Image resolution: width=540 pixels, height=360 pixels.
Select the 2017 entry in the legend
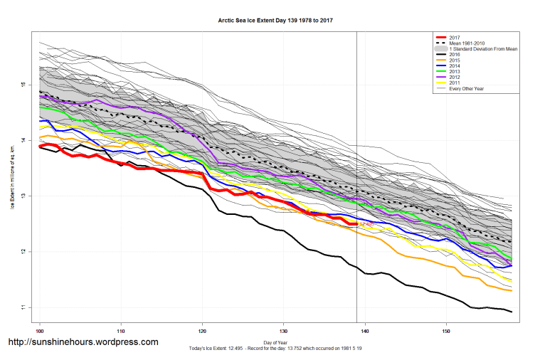(455, 37)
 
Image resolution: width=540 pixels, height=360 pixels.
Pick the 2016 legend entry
(455, 54)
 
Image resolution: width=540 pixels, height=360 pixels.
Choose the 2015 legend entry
(455, 60)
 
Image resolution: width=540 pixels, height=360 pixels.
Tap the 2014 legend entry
(455, 65)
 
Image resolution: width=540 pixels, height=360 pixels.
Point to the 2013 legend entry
(455, 71)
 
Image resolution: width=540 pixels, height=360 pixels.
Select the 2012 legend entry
(455, 77)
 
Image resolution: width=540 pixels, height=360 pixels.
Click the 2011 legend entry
(455, 83)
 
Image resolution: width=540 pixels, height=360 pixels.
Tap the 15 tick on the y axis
(23, 85)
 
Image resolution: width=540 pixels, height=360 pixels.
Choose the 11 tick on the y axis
(23, 307)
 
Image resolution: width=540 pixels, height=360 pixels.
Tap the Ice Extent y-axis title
(12, 171)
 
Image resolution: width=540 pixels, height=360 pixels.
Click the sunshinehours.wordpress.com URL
(83, 343)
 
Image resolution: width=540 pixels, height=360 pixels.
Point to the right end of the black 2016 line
(512, 312)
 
